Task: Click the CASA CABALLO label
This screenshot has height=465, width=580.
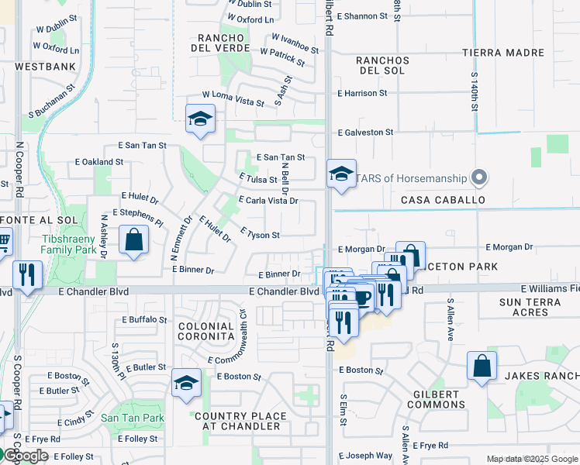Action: (443, 200)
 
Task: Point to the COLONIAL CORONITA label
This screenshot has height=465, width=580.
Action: (205, 332)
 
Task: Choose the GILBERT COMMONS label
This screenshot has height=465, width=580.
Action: (436, 399)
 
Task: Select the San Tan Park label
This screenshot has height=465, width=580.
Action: (133, 418)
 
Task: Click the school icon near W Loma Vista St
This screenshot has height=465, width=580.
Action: (200, 119)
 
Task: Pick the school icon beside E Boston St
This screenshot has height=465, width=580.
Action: (186, 383)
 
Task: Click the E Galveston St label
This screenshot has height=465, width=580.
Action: (365, 133)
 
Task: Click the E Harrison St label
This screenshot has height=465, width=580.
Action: (362, 93)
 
